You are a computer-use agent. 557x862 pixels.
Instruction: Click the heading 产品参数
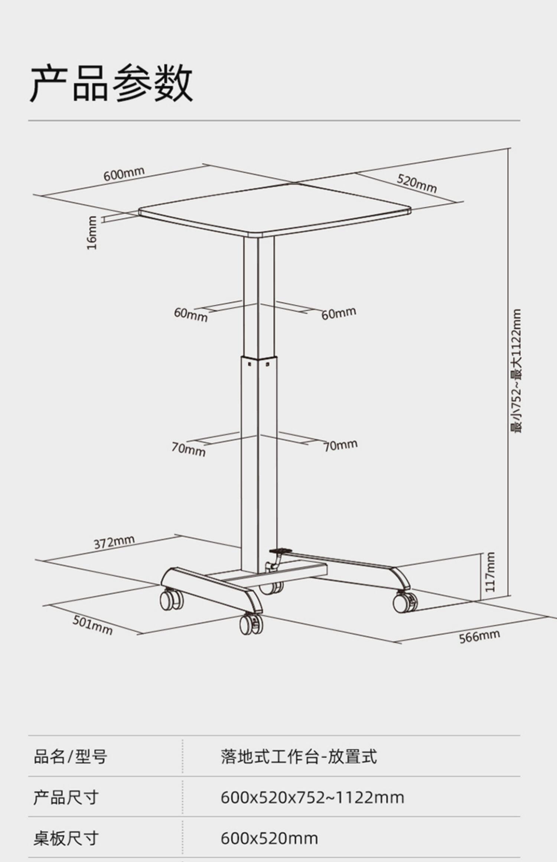click(x=111, y=83)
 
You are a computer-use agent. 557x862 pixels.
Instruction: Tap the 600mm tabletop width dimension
click(x=124, y=173)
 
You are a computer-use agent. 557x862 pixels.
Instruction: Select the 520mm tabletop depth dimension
click(x=416, y=183)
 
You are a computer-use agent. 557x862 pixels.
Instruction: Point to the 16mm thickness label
click(x=92, y=233)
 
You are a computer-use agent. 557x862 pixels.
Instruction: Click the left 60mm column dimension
click(x=190, y=314)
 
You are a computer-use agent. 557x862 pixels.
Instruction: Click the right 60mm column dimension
click(x=338, y=313)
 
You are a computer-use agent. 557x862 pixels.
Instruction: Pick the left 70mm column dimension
click(x=188, y=449)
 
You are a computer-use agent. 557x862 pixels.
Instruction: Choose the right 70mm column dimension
click(x=340, y=445)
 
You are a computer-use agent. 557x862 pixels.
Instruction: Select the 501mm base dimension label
click(x=92, y=625)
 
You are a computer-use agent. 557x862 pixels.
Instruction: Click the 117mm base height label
click(x=490, y=572)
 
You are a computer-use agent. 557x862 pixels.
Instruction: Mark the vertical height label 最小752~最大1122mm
click(x=515, y=371)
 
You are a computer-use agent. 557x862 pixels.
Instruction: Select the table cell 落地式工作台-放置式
click(x=299, y=757)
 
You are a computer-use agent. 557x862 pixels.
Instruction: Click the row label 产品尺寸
click(x=66, y=797)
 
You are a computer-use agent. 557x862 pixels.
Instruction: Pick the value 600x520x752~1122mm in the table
click(x=312, y=797)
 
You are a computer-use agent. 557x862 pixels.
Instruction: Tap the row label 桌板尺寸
click(x=66, y=838)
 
